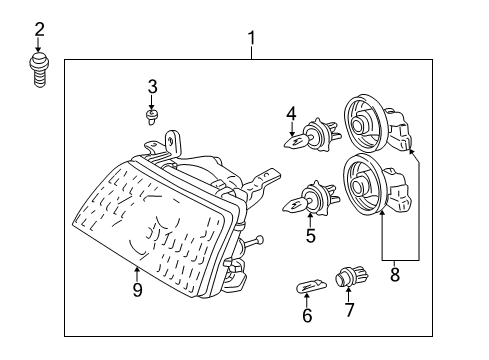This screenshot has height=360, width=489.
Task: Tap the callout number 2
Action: (40, 30)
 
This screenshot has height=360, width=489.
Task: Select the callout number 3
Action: (153, 86)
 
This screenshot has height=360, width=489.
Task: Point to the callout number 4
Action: (292, 113)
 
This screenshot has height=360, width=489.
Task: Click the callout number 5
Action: (310, 236)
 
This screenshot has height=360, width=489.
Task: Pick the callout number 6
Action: (307, 316)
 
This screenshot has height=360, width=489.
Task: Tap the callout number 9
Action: (138, 290)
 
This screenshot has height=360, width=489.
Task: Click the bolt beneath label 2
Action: (40, 70)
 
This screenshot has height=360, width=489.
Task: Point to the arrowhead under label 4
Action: (292, 133)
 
